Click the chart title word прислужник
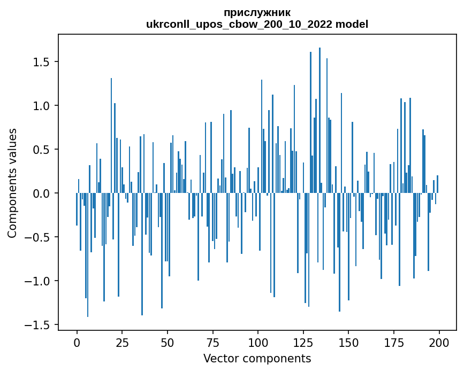pos(257,12)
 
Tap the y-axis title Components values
pos(12,183)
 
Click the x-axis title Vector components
pos(257,358)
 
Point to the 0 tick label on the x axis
pos(77,342)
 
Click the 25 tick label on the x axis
pos(122,342)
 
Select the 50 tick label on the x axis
pos(168,342)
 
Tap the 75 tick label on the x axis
pos(212,342)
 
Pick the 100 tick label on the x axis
pos(258,342)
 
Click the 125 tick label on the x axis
pos(303,342)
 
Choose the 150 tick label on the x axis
pos(348,342)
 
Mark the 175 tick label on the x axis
pos(394,342)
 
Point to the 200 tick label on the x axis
pos(439,342)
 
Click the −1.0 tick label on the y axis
pos(39,281)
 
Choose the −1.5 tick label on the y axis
pos(39,325)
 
